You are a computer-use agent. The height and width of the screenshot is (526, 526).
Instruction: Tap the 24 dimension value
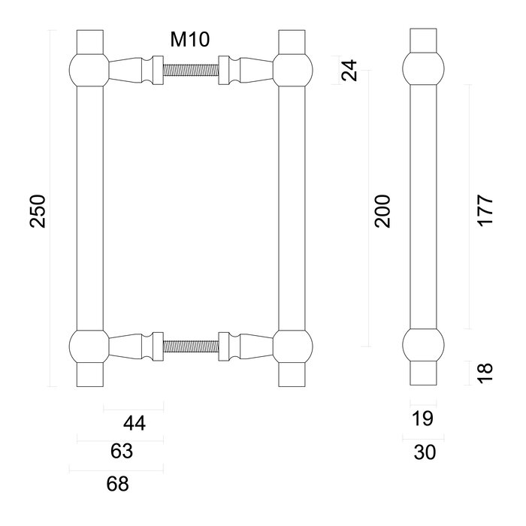coord(348,71)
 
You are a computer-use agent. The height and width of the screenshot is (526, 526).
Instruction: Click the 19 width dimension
coord(424,419)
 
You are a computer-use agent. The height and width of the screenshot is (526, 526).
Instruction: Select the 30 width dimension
coord(424,452)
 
